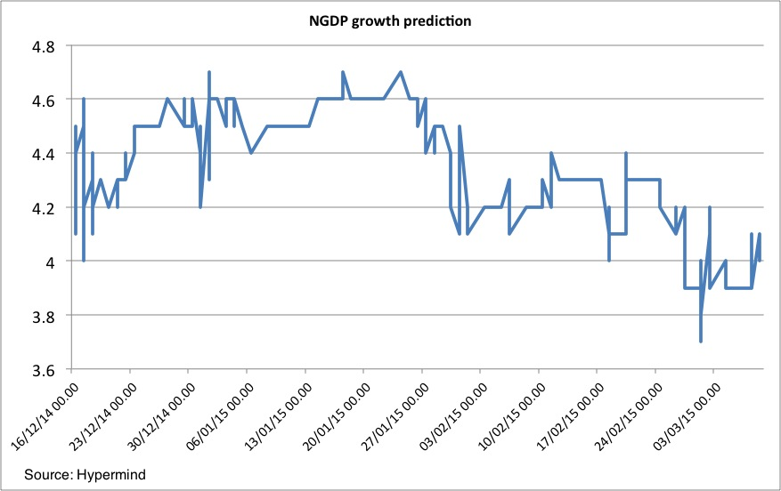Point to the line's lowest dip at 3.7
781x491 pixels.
701,341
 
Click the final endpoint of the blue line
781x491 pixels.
760,234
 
